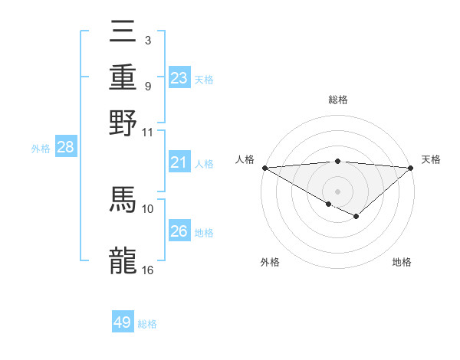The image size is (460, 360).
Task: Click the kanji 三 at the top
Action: point(123,33)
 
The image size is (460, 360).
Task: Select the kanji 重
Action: point(123,77)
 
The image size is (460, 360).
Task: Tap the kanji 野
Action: point(123,123)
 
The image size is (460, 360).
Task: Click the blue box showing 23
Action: point(179,78)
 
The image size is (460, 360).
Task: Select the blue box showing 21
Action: point(179,162)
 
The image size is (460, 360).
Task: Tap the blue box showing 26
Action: point(179,231)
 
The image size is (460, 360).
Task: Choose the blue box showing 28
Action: point(66,148)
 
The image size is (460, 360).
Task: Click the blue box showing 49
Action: point(123,322)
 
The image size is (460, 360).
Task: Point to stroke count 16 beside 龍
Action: point(148,270)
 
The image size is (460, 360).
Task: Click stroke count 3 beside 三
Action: point(147,40)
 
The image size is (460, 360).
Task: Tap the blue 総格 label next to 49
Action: point(147,324)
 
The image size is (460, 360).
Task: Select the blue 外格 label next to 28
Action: point(41,149)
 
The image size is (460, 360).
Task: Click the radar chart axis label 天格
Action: point(431,159)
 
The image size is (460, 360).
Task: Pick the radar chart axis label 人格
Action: point(245,159)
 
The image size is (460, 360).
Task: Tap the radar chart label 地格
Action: point(402,262)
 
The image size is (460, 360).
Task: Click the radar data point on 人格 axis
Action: point(264,168)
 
